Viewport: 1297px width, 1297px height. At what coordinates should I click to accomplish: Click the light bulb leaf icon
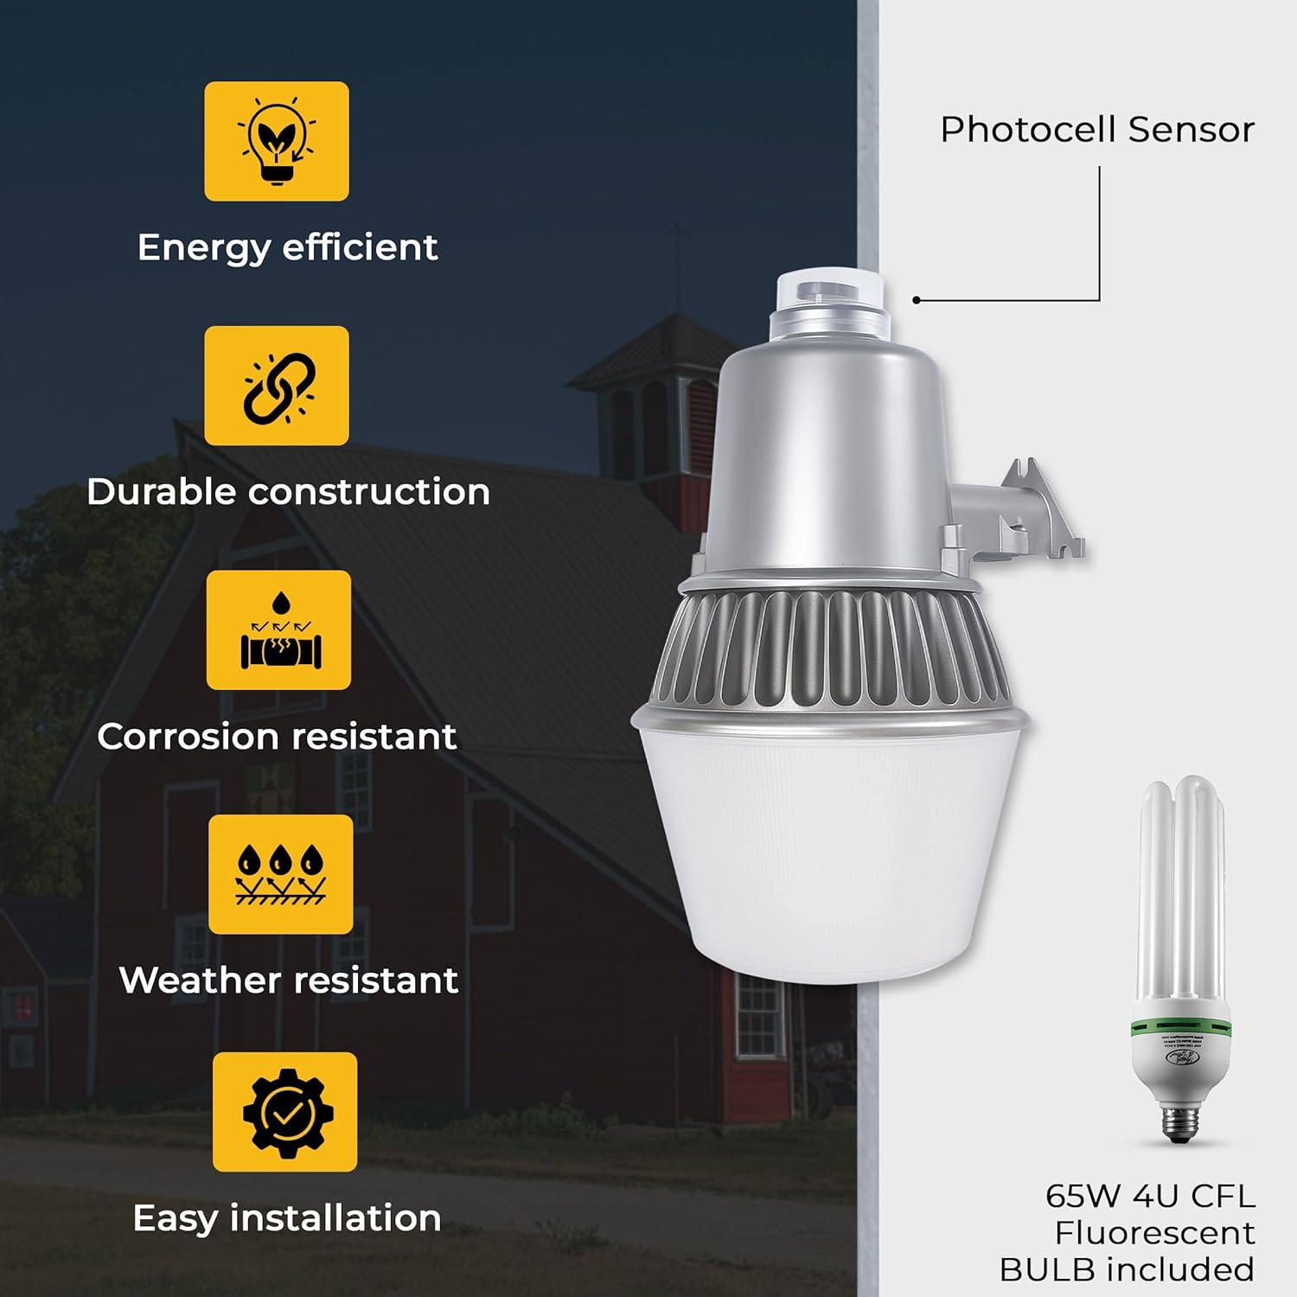[277, 141]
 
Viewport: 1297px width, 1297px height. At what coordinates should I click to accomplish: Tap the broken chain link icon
[278, 386]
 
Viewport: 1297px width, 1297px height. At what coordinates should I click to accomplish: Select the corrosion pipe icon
[279, 630]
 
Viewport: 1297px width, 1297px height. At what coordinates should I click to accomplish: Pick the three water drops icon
[281, 874]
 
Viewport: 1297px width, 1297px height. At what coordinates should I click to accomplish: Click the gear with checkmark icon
[284, 1112]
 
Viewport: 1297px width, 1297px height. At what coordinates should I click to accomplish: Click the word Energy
[203, 248]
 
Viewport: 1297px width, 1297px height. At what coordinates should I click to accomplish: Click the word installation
[335, 1217]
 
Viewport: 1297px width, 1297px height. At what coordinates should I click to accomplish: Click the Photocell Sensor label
[1096, 130]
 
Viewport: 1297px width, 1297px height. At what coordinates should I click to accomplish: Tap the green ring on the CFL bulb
[1181, 1027]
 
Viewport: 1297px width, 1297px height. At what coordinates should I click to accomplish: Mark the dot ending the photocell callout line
[917, 300]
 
